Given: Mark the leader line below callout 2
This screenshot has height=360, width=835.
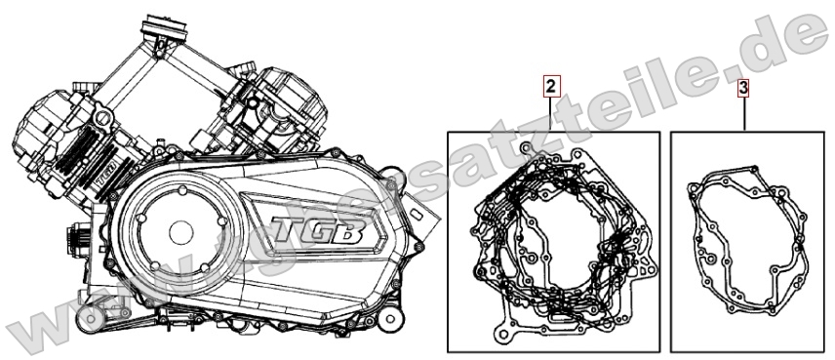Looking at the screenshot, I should click(551, 113).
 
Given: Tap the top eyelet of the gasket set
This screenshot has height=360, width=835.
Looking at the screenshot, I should click(527, 149).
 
